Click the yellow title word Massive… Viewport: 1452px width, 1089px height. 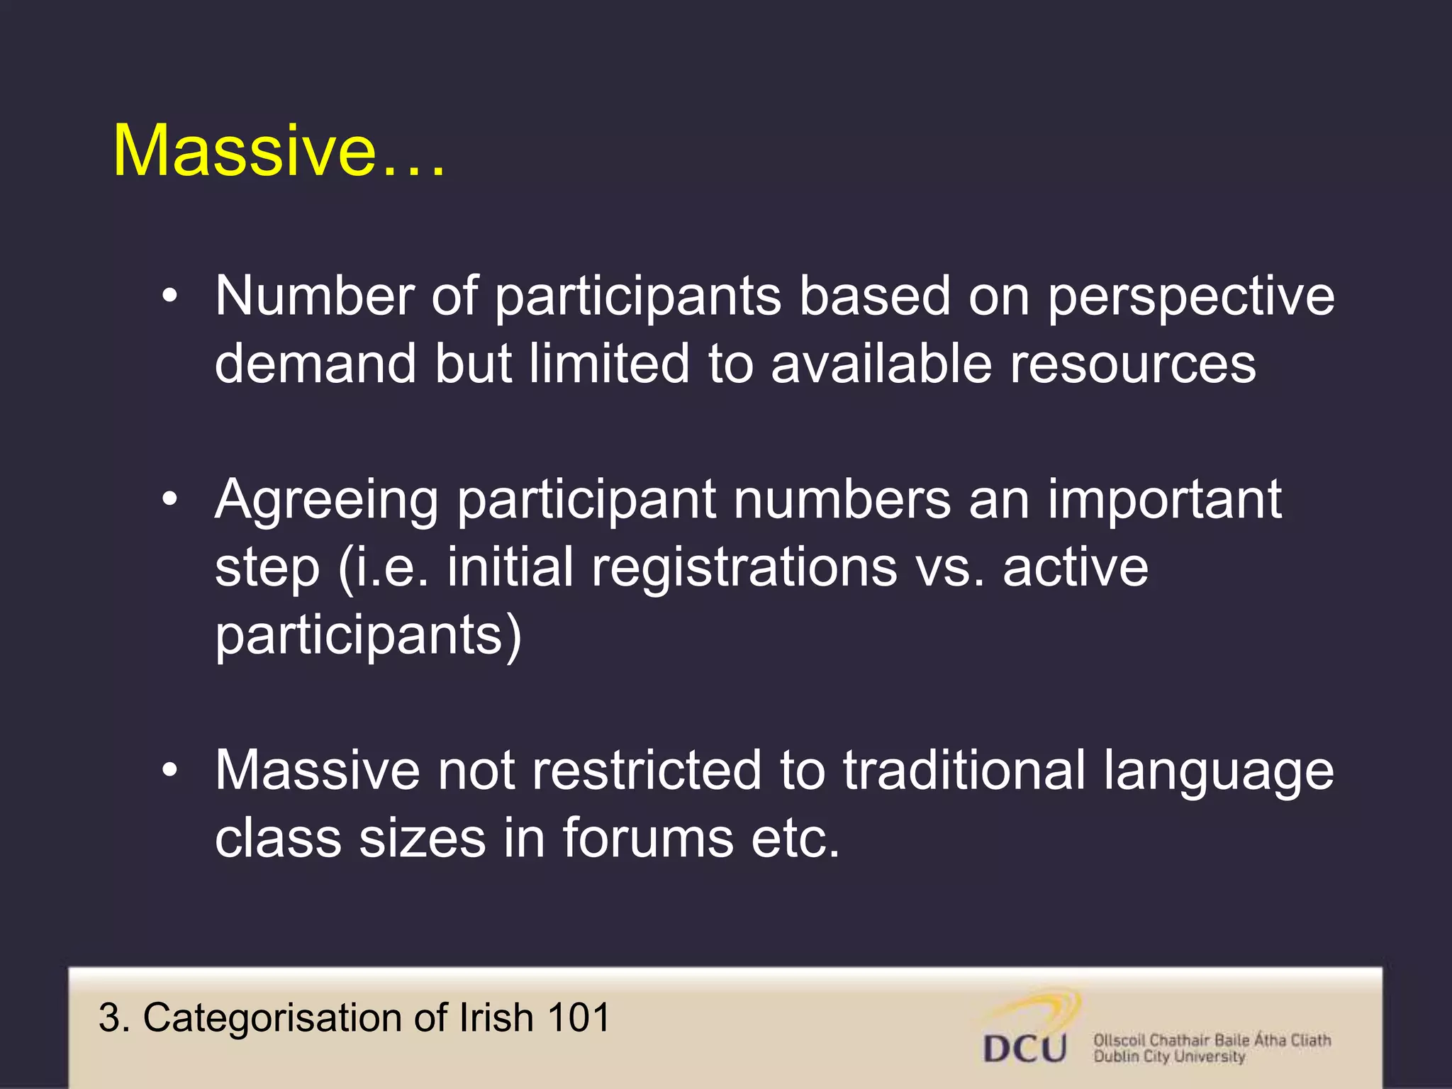(279, 151)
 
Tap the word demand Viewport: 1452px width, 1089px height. (315, 364)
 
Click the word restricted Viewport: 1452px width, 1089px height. (646, 771)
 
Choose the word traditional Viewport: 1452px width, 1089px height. (964, 771)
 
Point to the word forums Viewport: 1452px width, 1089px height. (647, 839)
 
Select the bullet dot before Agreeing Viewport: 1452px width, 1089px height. (169, 501)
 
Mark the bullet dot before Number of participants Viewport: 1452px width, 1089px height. (169, 297)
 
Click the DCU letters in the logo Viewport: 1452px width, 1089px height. (1024, 1048)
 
